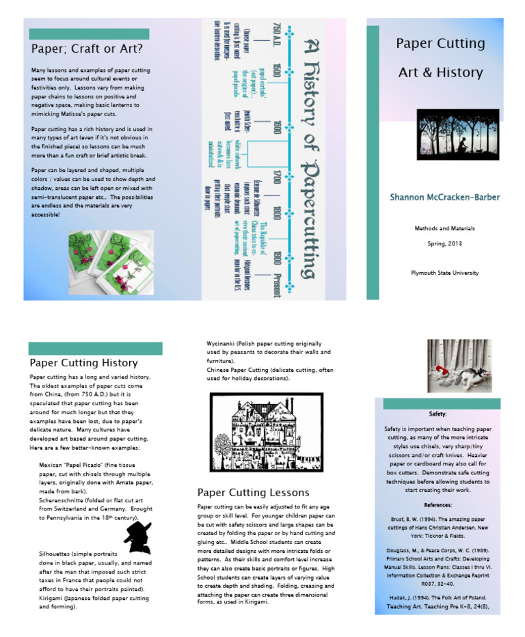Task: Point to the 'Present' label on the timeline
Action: point(277,282)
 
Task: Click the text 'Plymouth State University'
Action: point(444,273)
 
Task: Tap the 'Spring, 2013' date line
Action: point(444,243)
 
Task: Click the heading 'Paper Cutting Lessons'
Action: point(253,492)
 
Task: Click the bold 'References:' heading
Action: point(437,505)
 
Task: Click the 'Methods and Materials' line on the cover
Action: point(444,228)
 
